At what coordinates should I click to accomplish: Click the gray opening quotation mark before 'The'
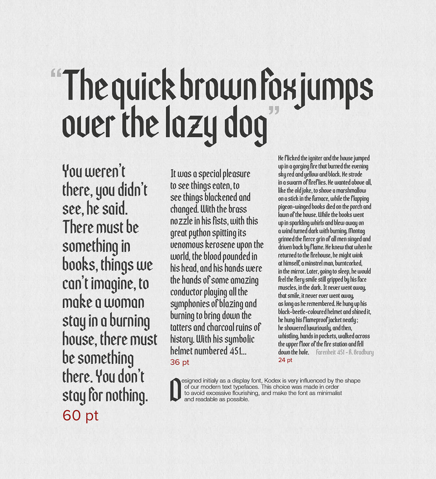tap(56, 74)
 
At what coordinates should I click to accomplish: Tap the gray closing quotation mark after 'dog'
tap(274, 111)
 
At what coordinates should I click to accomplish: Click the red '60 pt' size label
tap(80, 416)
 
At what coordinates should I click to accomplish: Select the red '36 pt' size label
tap(180, 362)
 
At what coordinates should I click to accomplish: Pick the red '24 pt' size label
tap(285, 360)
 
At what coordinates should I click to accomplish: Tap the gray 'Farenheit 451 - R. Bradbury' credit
tap(344, 352)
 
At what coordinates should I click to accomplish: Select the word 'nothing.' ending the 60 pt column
tap(126, 396)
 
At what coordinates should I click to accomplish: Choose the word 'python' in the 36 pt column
tap(200, 233)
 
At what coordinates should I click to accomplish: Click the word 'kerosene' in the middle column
tap(224, 245)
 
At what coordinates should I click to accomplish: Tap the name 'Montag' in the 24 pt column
tap(357, 231)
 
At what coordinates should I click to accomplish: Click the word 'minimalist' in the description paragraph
tap(329, 393)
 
